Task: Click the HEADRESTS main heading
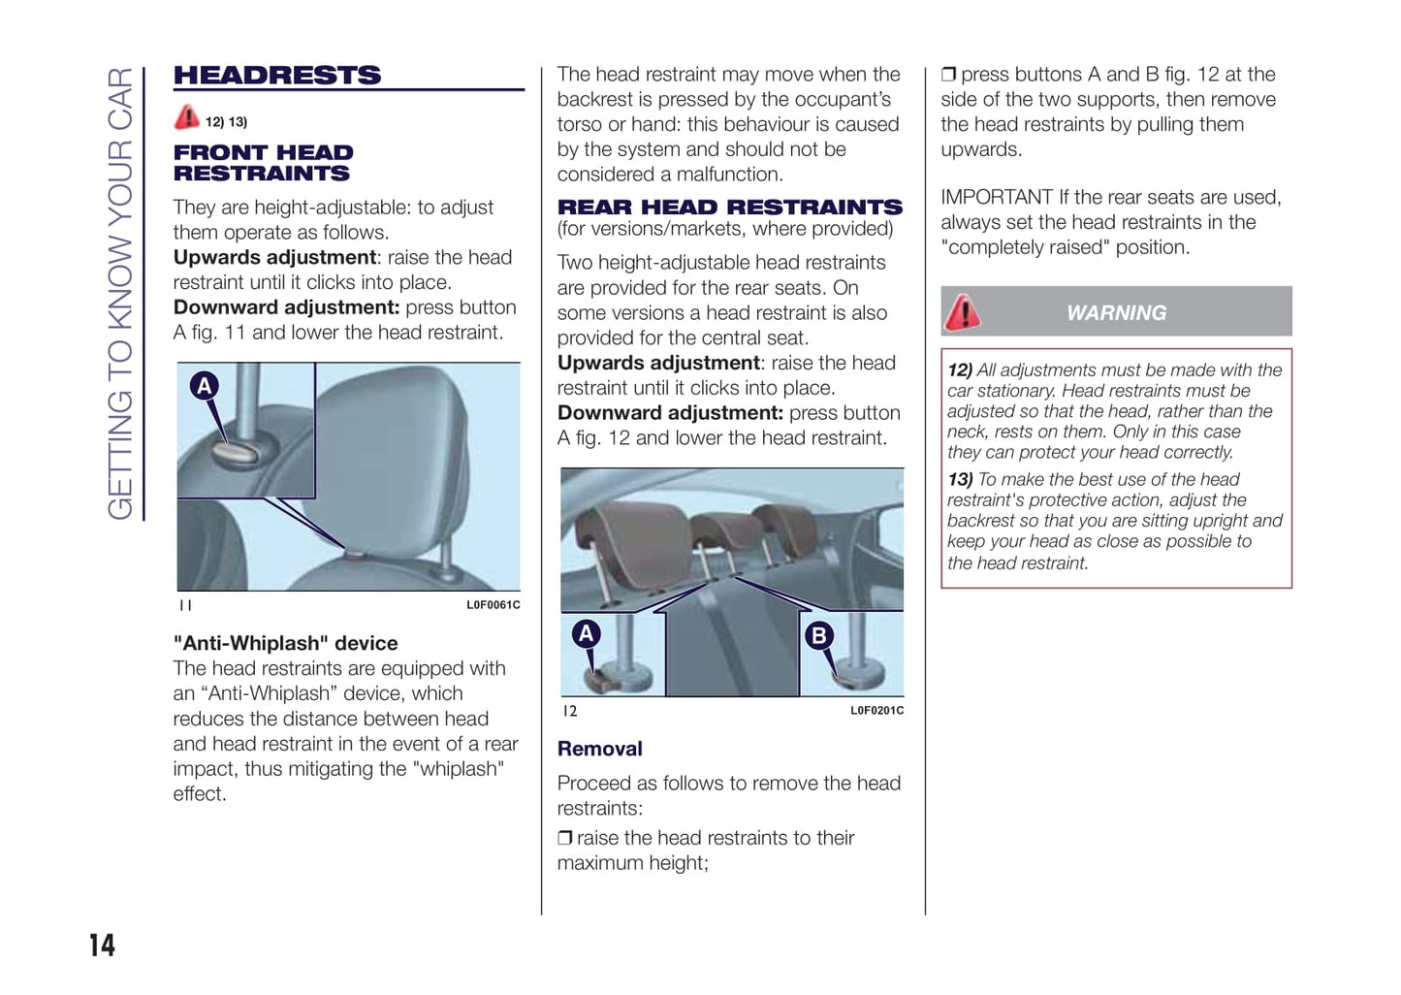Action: [x=277, y=76]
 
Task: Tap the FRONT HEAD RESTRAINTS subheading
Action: [x=263, y=163]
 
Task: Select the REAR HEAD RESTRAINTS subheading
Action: [x=729, y=208]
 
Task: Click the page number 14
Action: [x=102, y=946]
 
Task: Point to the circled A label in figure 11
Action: [x=204, y=386]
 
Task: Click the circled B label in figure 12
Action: [x=818, y=635]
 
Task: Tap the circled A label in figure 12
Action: [x=586, y=634]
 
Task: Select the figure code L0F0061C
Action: [x=493, y=605]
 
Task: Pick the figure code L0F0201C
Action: [x=876, y=711]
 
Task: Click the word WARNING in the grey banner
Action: [x=1116, y=313]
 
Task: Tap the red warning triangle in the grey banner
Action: [x=963, y=312]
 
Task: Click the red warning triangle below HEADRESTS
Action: [x=187, y=118]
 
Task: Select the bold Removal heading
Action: [x=599, y=749]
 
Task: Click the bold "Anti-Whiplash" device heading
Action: [x=285, y=643]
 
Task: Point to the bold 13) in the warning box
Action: [x=960, y=480]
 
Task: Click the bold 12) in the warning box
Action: [x=960, y=370]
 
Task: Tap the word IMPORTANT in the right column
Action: [x=996, y=198]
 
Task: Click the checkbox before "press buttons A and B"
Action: [x=948, y=75]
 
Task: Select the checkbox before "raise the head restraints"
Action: [x=564, y=838]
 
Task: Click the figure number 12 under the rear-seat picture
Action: [x=570, y=711]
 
